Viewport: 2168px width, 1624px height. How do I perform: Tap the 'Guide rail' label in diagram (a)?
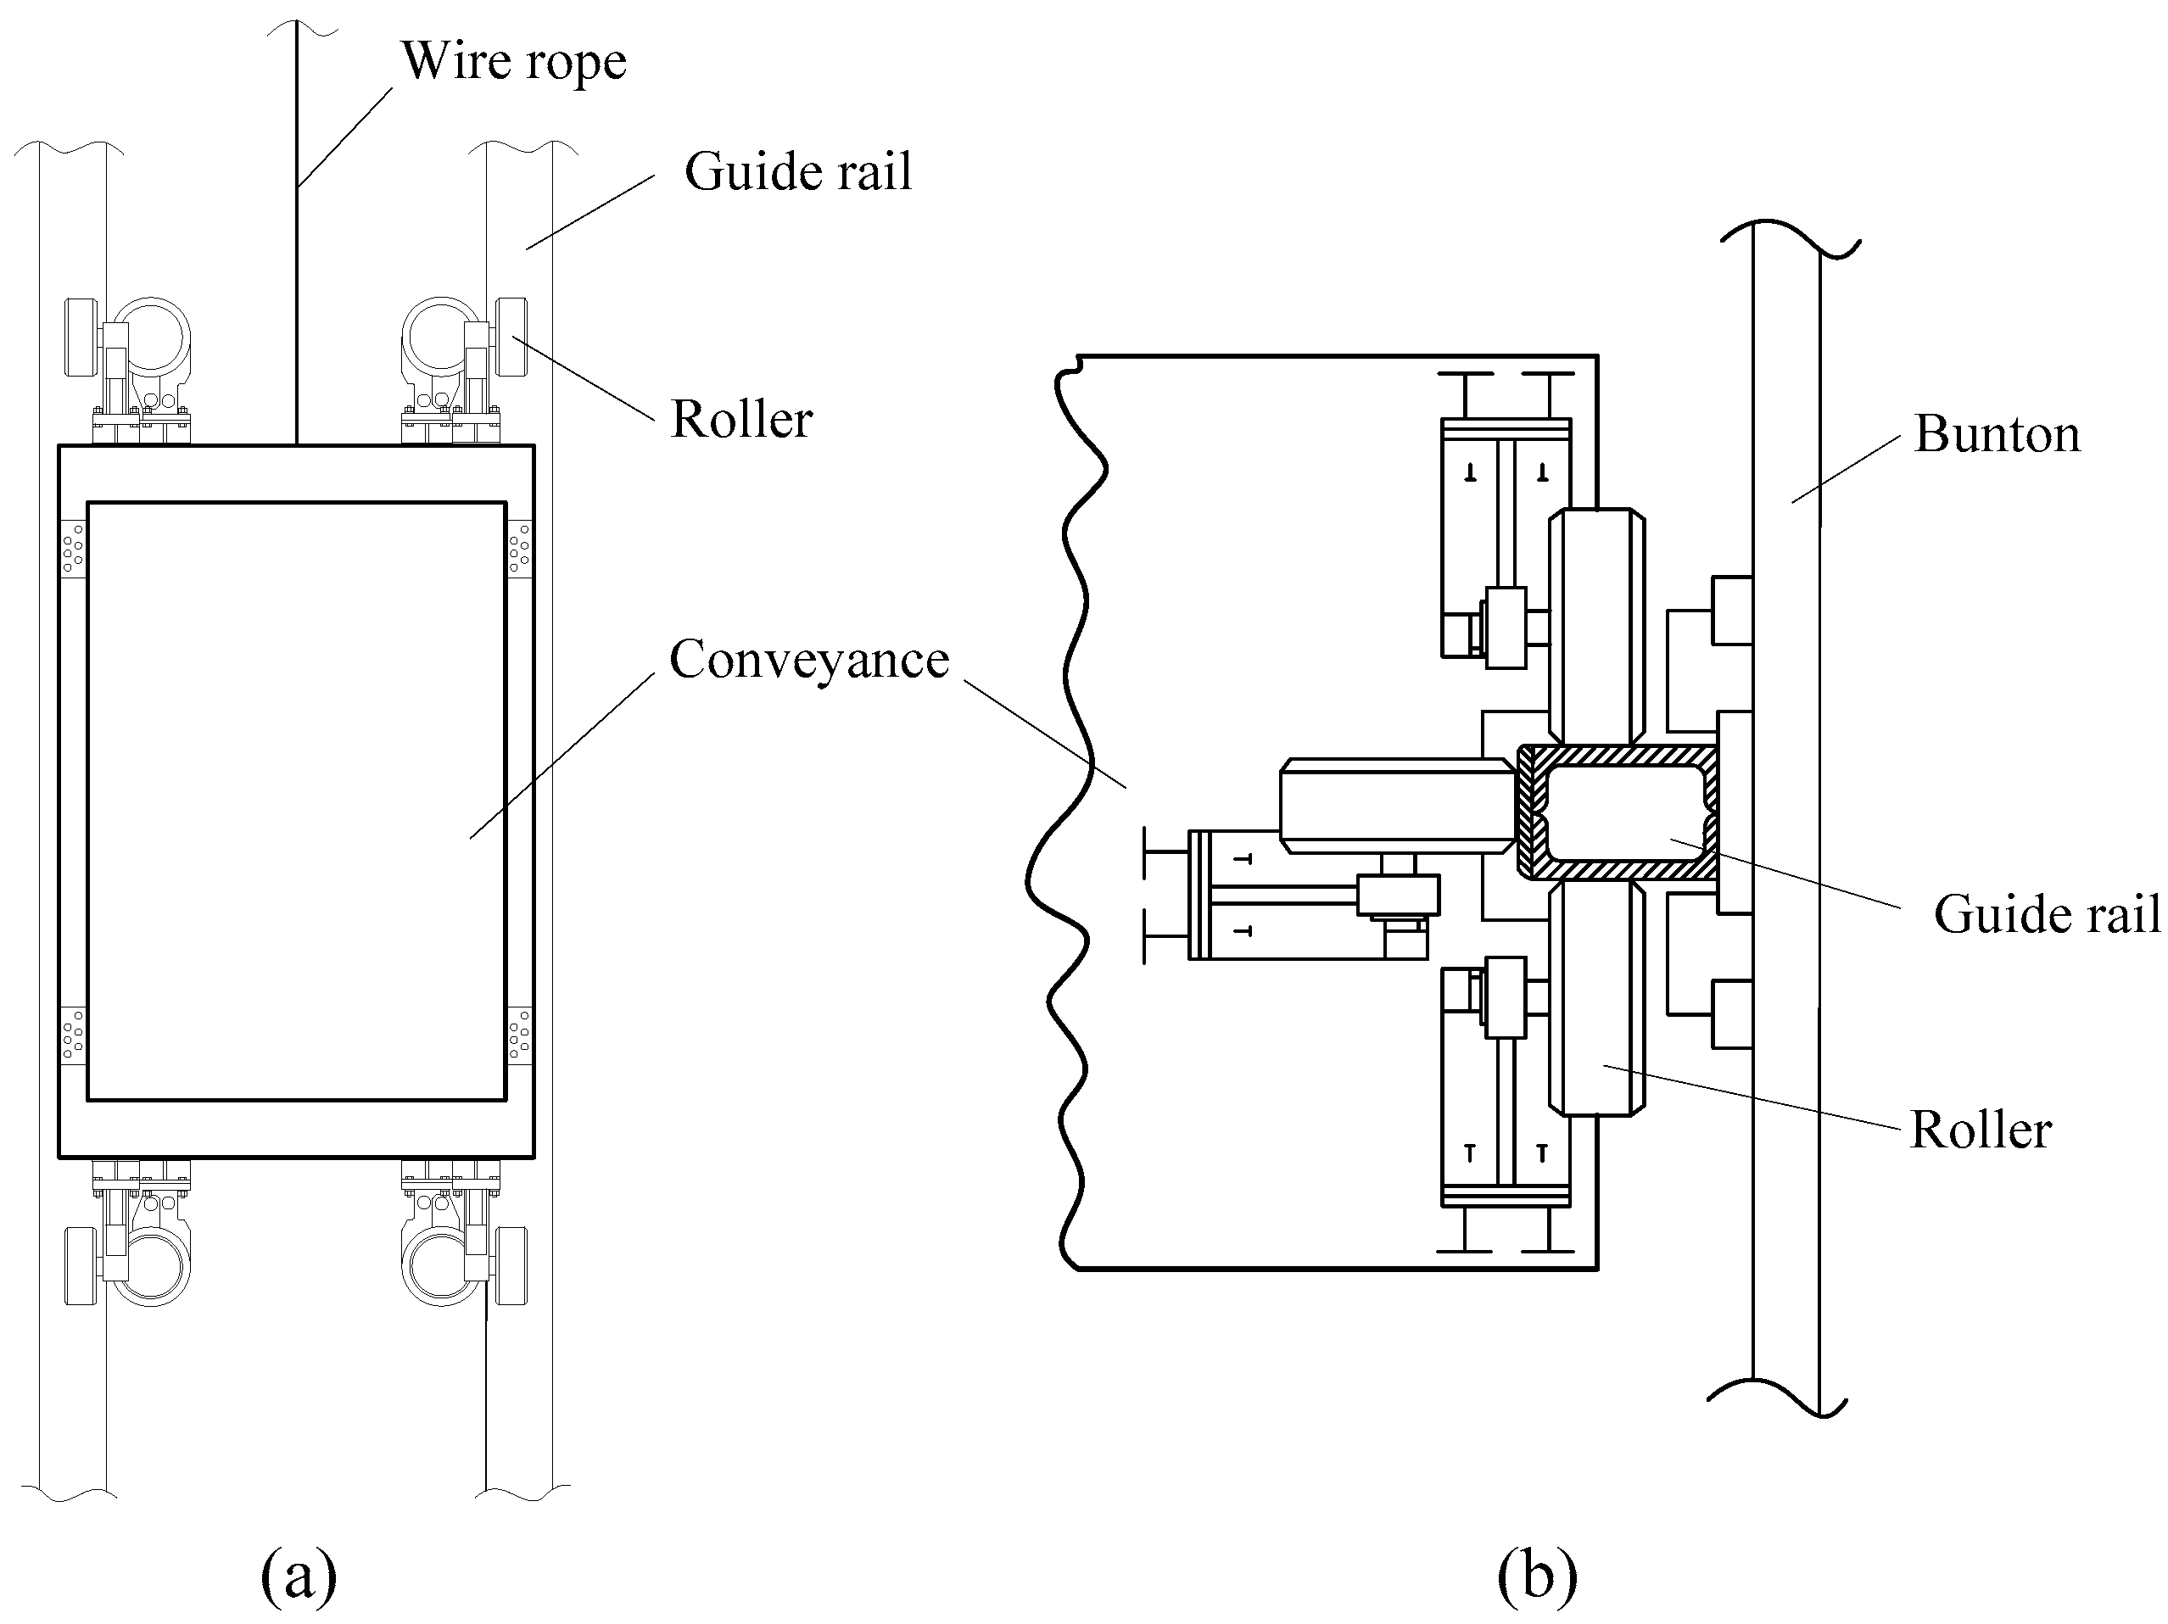pyautogui.click(x=798, y=172)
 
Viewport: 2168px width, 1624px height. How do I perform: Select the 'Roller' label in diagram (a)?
pyautogui.click(x=741, y=420)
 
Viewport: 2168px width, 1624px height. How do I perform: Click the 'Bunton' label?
pyautogui.click(x=1997, y=434)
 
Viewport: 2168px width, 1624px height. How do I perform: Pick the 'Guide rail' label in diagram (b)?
pyautogui.click(x=2047, y=914)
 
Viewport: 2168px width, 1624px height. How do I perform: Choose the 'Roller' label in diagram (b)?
pyautogui.click(x=1981, y=1130)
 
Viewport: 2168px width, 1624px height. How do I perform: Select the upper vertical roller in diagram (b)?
pyautogui.click(x=1596, y=625)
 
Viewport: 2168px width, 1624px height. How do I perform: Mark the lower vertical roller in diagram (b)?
pyautogui.click(x=1596, y=998)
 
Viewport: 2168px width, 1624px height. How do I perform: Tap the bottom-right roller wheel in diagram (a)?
pyautogui.click(x=511, y=1265)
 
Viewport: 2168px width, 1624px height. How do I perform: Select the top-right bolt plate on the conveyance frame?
pyautogui.click(x=519, y=549)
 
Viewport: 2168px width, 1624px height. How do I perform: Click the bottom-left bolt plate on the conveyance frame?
pyautogui.click(x=74, y=1035)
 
